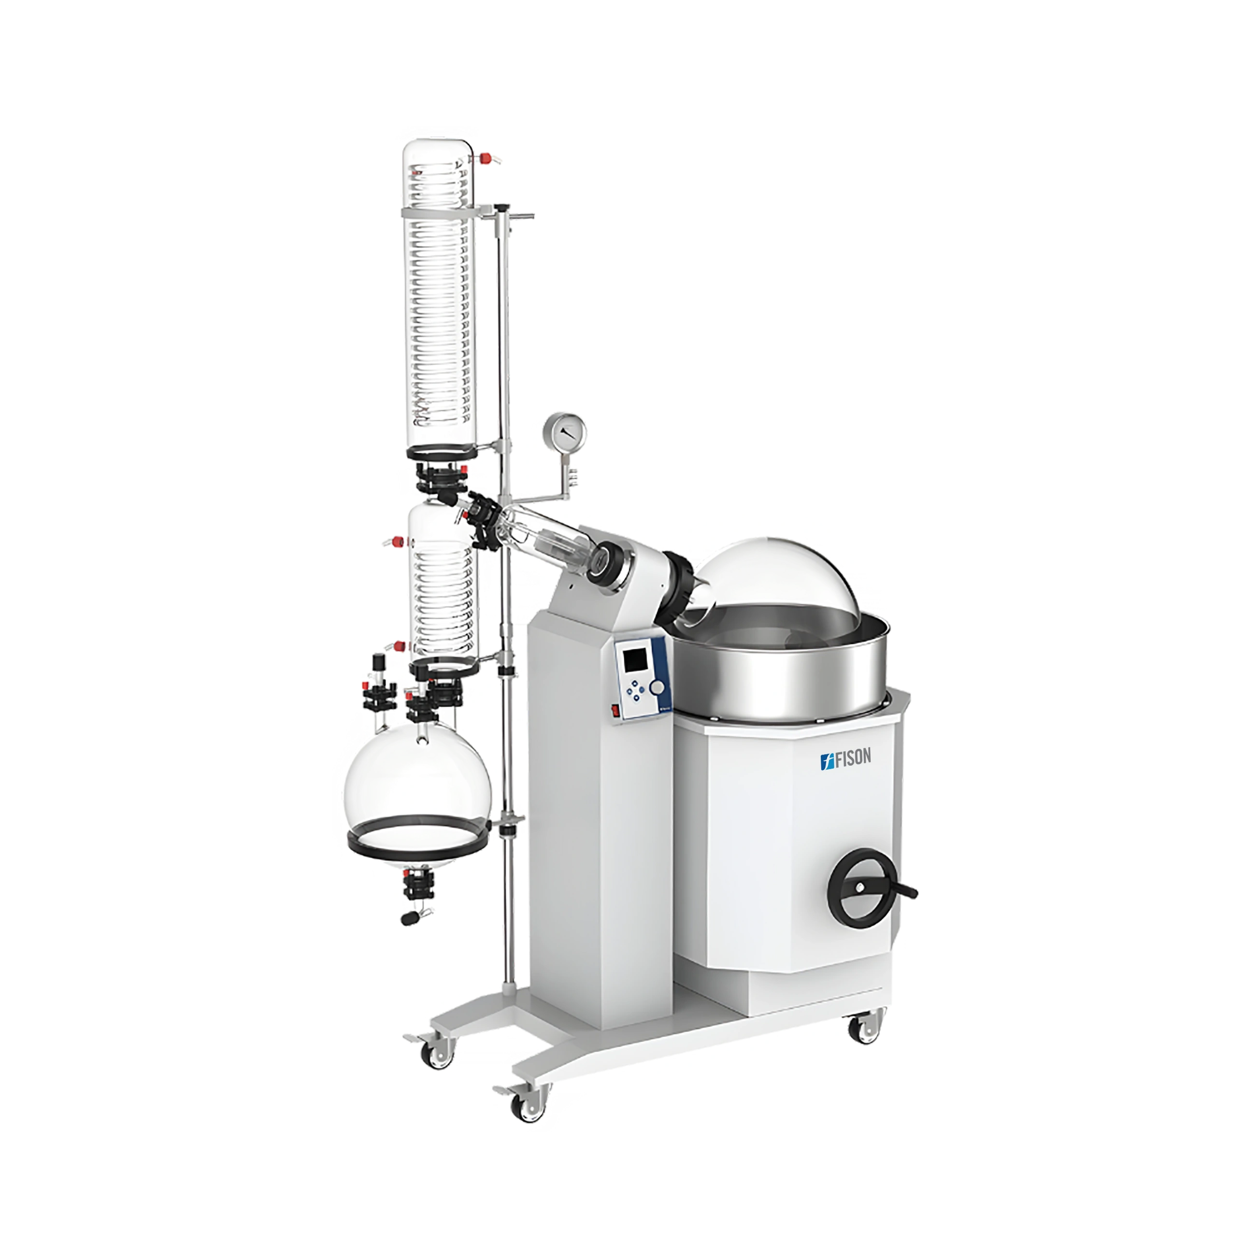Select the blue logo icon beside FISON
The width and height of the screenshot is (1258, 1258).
click(826, 758)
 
